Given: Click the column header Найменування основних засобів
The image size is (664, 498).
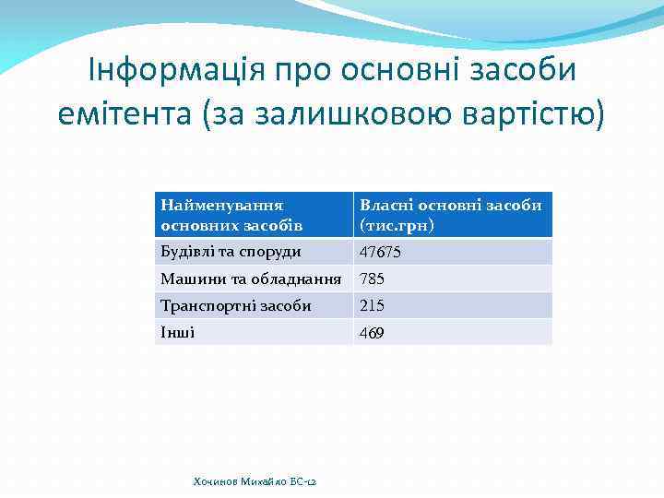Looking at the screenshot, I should coord(221,215).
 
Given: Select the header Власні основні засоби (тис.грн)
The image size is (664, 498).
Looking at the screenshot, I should coord(450,215).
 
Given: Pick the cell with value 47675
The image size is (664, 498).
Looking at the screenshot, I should coord(380,253).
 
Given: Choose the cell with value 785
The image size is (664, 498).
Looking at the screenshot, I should coord(372,279).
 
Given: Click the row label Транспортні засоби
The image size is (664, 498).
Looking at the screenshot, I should coord(235,305).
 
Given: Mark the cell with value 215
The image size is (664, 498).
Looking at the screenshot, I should coord(372,306).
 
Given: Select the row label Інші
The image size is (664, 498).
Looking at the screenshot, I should coord(178,332).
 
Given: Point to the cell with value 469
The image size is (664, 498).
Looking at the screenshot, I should coord(372,333).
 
